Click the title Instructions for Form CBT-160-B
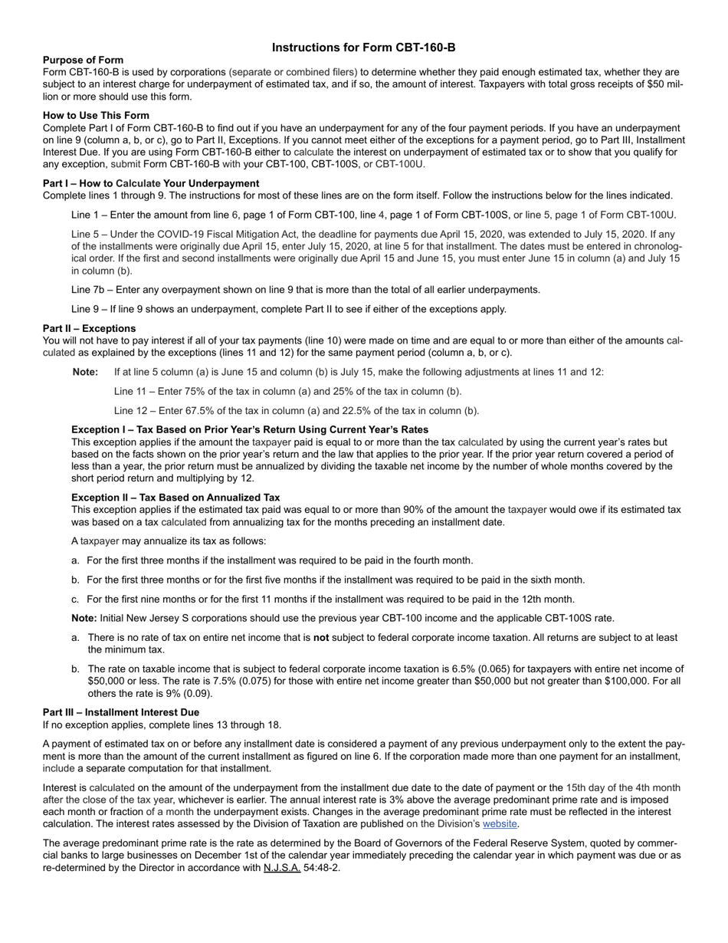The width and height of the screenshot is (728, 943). pyautogui.click(x=363, y=48)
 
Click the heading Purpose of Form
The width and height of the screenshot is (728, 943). pyautogui.click(x=83, y=60)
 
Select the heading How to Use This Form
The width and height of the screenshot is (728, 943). pyautogui.click(x=96, y=116)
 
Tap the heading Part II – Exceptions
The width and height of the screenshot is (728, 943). pyautogui.click(x=89, y=328)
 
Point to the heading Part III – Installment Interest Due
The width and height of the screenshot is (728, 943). pyautogui.click(x=120, y=712)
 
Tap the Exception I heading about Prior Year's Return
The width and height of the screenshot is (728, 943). pyautogui.click(x=249, y=429)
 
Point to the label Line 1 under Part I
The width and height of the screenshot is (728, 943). pyautogui.click(x=86, y=215)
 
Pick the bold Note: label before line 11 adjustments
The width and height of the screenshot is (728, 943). pyautogui.click(x=85, y=372)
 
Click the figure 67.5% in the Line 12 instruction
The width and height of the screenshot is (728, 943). pyautogui.click(x=194, y=410)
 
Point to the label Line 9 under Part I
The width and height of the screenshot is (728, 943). pyautogui.click(x=86, y=309)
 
